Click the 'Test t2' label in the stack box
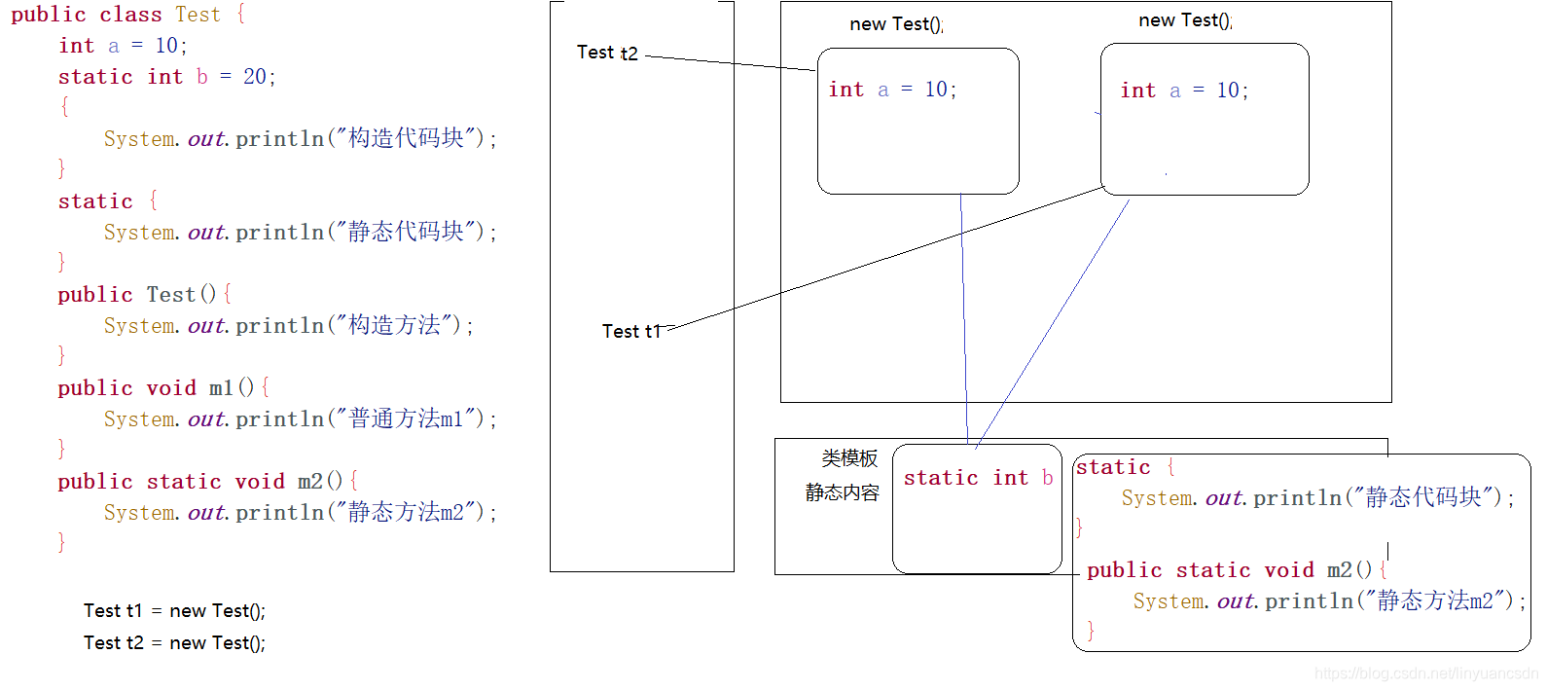click(607, 53)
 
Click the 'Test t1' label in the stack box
click(631, 331)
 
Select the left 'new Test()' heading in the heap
click(896, 24)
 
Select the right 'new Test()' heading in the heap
click(1185, 20)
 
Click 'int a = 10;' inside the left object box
click(892, 90)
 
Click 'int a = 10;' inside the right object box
click(1184, 91)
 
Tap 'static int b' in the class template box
click(978, 478)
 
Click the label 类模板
click(849, 457)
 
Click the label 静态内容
click(842, 492)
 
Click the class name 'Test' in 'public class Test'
click(198, 15)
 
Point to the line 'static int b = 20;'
click(166, 77)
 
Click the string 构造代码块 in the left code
click(406, 138)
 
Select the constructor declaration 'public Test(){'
click(144, 295)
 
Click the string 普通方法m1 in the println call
click(406, 418)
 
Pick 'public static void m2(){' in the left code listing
click(207, 482)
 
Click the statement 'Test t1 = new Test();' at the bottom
click(174, 611)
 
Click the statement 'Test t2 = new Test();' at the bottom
click(174, 643)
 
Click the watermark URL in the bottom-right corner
click(1424, 673)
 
